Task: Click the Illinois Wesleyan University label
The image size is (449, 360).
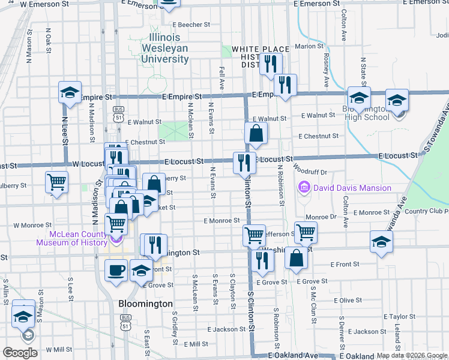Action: click(x=165, y=49)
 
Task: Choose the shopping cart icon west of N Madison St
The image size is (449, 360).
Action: click(x=57, y=182)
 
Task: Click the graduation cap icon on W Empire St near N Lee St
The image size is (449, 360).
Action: click(x=70, y=93)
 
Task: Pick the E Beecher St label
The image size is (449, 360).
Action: click(x=191, y=25)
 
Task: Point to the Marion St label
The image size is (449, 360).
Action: click(x=309, y=46)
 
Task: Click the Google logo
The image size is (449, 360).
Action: click(x=20, y=353)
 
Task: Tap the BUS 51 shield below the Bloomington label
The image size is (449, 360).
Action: click(x=125, y=322)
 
